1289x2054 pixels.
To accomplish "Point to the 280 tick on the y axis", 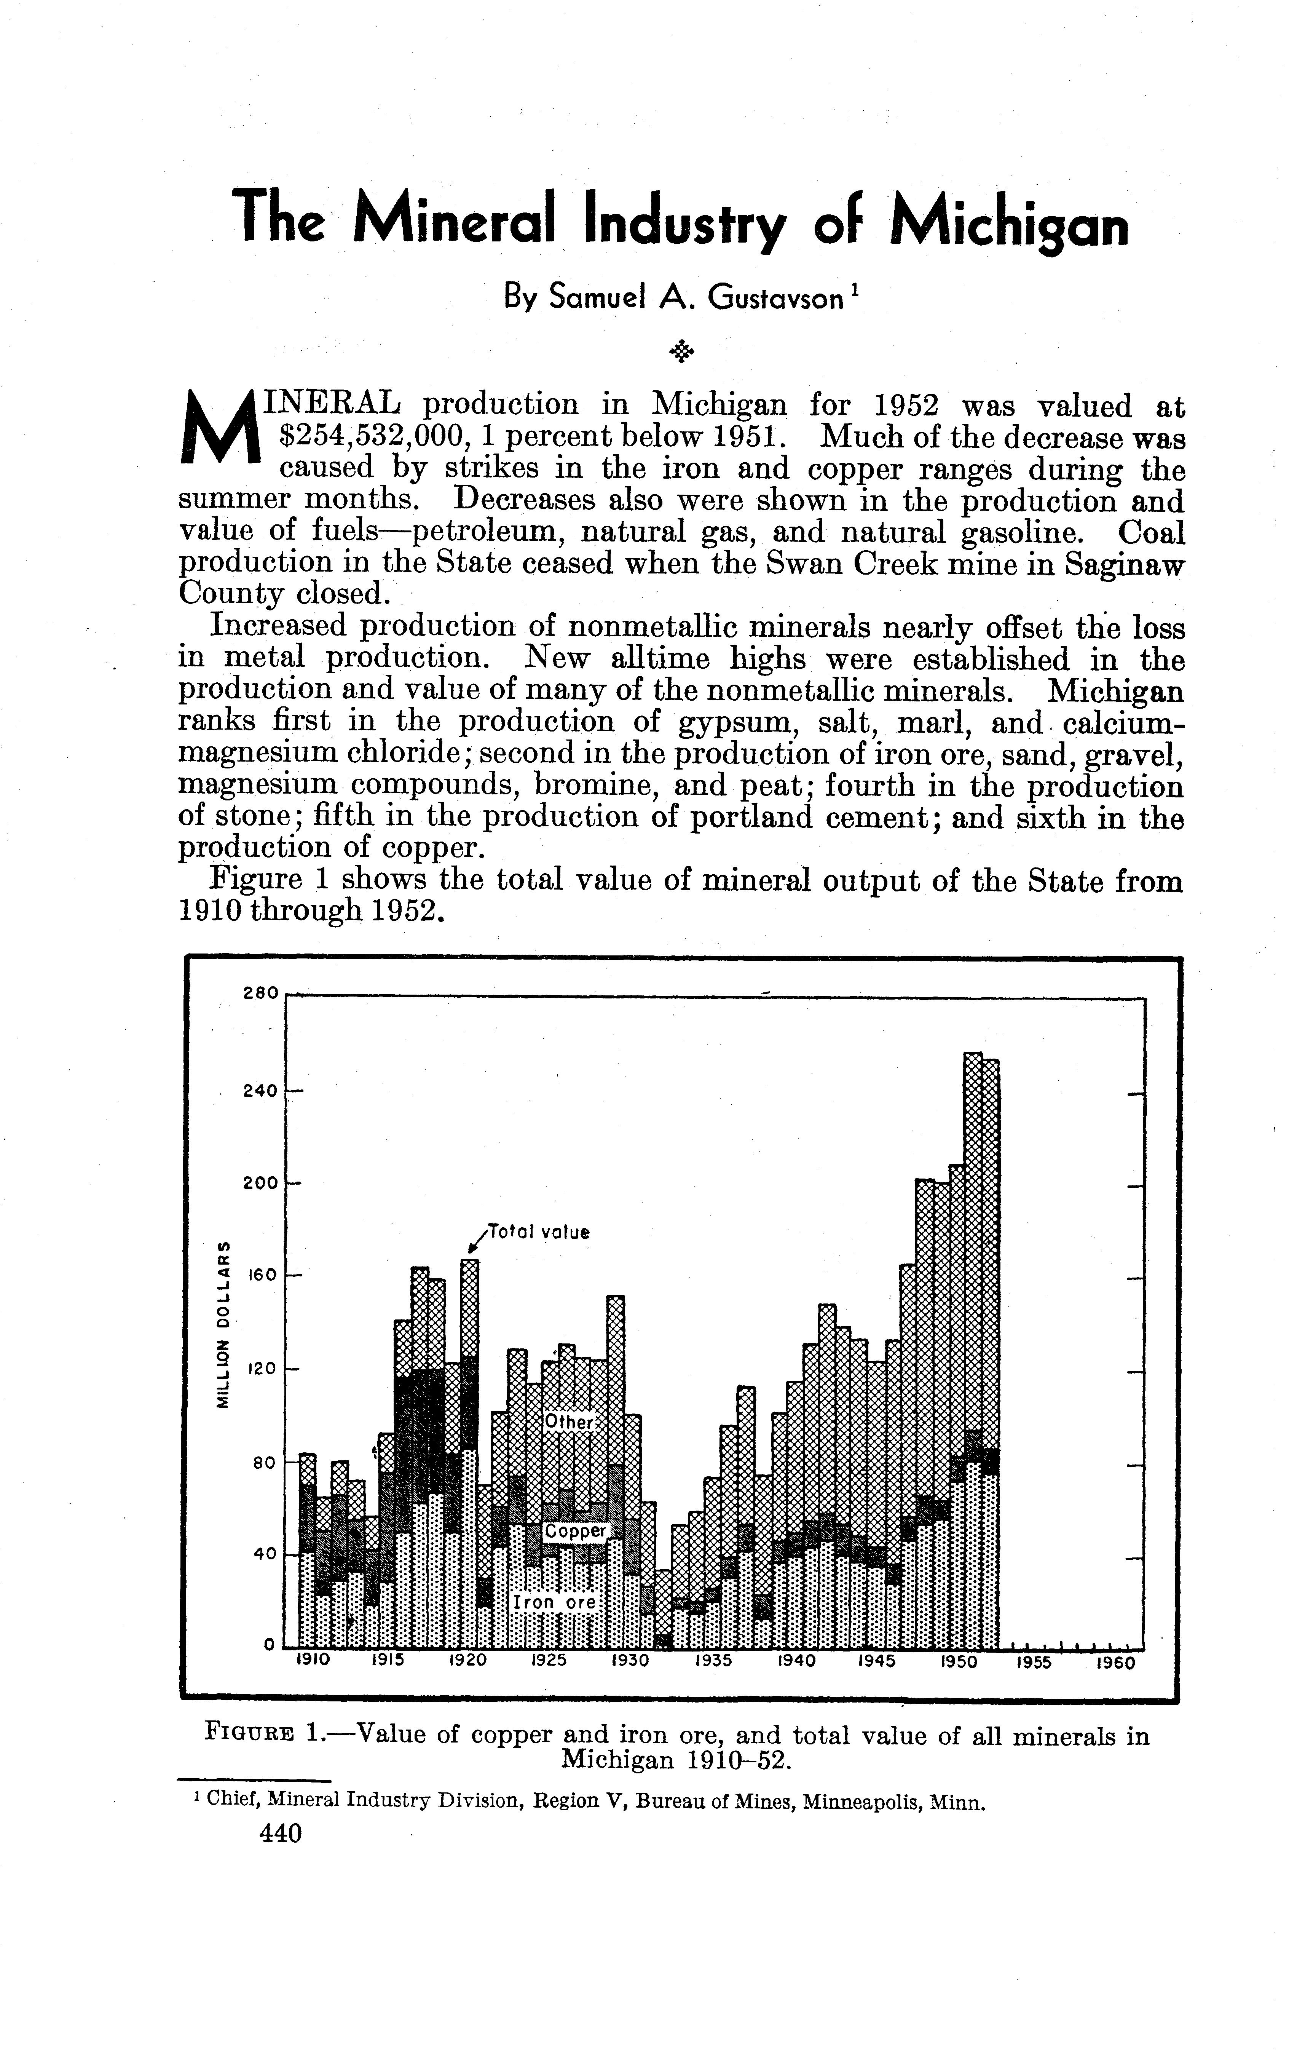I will [261, 993].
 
